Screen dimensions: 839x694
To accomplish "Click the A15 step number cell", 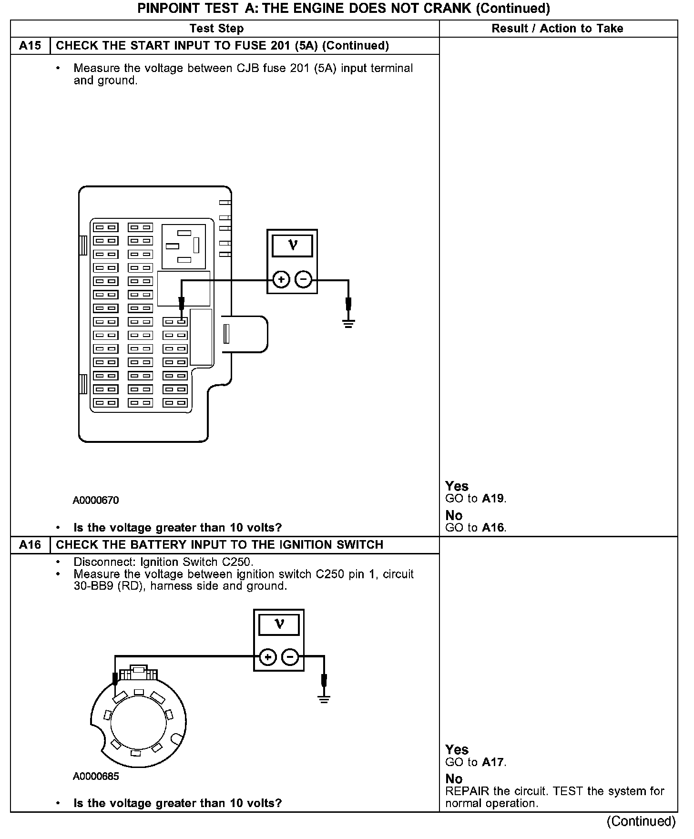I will [x=30, y=46].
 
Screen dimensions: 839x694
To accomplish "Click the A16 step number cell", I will [x=30, y=545].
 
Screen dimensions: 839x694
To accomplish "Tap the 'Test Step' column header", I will [x=216, y=29].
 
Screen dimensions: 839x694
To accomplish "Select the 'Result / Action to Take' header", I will [x=557, y=29].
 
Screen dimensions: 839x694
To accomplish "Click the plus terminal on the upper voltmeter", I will [x=281, y=279].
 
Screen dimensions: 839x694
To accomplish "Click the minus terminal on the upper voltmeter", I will [x=304, y=279].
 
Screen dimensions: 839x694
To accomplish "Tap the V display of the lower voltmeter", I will [x=279, y=624].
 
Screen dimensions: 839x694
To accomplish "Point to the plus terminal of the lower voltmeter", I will [x=268, y=657].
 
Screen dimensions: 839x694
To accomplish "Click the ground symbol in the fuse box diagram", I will [x=348, y=324].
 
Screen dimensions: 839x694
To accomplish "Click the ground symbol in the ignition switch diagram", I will [x=324, y=699].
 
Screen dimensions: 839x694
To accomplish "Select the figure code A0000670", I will [x=96, y=500].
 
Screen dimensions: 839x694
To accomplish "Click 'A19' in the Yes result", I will [x=493, y=499].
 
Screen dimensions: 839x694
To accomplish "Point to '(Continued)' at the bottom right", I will [x=641, y=821].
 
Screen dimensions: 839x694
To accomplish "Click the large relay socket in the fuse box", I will [x=184, y=246].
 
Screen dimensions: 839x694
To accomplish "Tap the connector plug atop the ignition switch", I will [x=138, y=673].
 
